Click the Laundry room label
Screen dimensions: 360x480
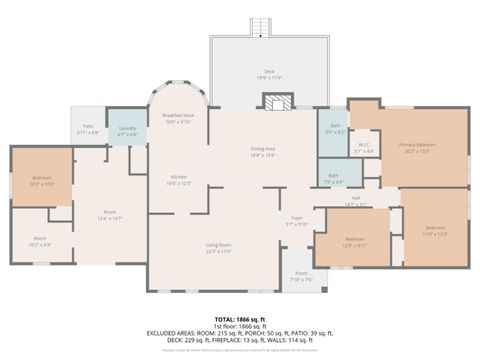click(127, 130)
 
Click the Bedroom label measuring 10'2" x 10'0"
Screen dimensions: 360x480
click(42, 181)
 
